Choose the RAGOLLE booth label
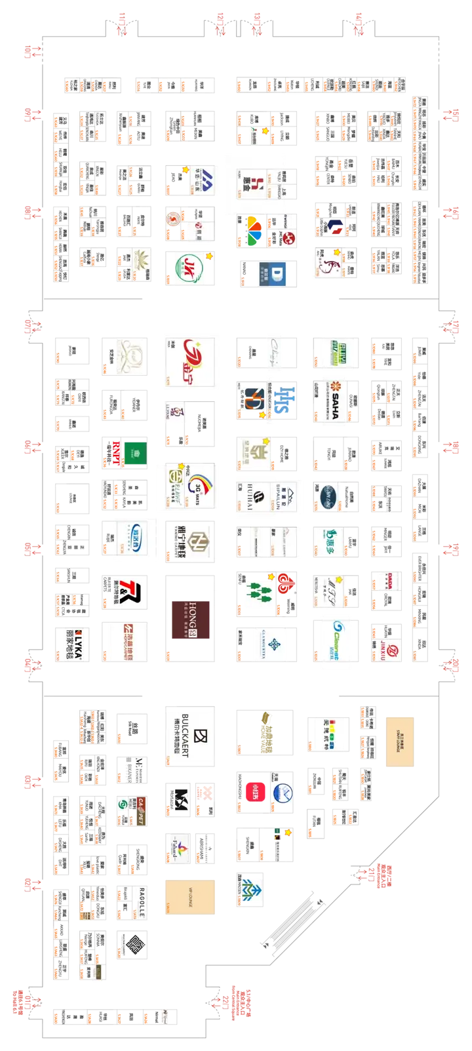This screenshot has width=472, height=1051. (x=140, y=902)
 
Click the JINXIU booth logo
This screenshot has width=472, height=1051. (x=385, y=644)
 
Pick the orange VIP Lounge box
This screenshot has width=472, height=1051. (x=190, y=896)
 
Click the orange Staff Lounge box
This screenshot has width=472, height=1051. (x=400, y=742)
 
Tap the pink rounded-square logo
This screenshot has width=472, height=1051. (x=256, y=790)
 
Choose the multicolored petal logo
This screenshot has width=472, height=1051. (x=250, y=231)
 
